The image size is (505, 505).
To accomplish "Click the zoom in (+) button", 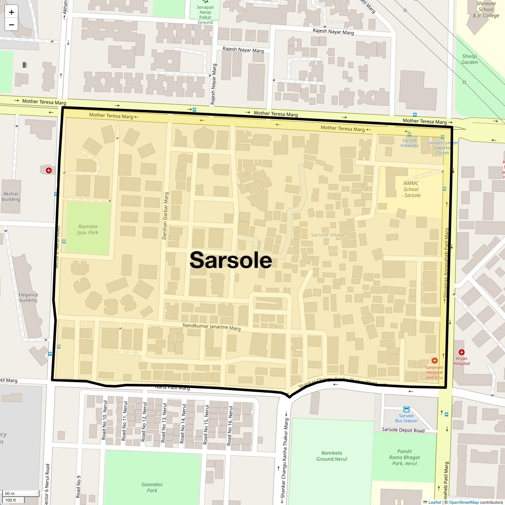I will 11,12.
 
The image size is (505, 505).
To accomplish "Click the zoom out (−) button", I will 11,24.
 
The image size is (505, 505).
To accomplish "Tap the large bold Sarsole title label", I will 231,260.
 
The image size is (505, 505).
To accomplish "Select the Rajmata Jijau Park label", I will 88,229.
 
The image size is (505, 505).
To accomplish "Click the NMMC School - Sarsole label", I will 411,189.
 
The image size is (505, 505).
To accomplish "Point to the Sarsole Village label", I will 328,235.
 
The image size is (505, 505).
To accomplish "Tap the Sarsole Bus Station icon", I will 407,409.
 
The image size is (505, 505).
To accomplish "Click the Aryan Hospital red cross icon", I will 462,352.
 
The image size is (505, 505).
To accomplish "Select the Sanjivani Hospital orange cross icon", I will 434,361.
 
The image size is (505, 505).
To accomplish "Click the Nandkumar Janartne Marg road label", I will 211,327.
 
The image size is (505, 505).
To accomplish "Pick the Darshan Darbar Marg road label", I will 165,216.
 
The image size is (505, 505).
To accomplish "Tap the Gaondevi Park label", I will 152,487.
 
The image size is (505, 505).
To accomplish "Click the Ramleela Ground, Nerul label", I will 332,456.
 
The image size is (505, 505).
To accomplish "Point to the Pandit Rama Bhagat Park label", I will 404,457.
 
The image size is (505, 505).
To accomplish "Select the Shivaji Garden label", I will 470,59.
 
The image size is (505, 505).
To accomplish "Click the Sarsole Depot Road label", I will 403,430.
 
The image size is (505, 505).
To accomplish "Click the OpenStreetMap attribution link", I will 463,502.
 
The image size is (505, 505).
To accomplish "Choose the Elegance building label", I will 28,298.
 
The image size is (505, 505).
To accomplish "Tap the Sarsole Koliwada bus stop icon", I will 409,135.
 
